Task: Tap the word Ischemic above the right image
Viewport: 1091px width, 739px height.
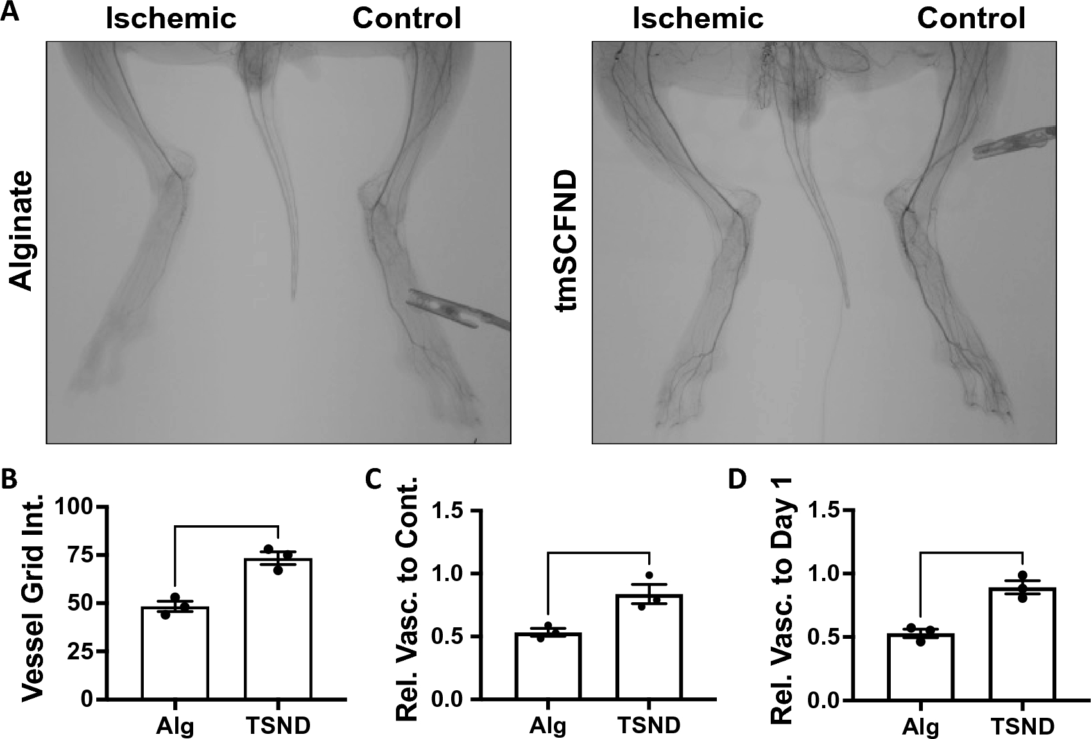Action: click(x=698, y=19)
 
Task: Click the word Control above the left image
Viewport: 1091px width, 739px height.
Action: click(x=406, y=19)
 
